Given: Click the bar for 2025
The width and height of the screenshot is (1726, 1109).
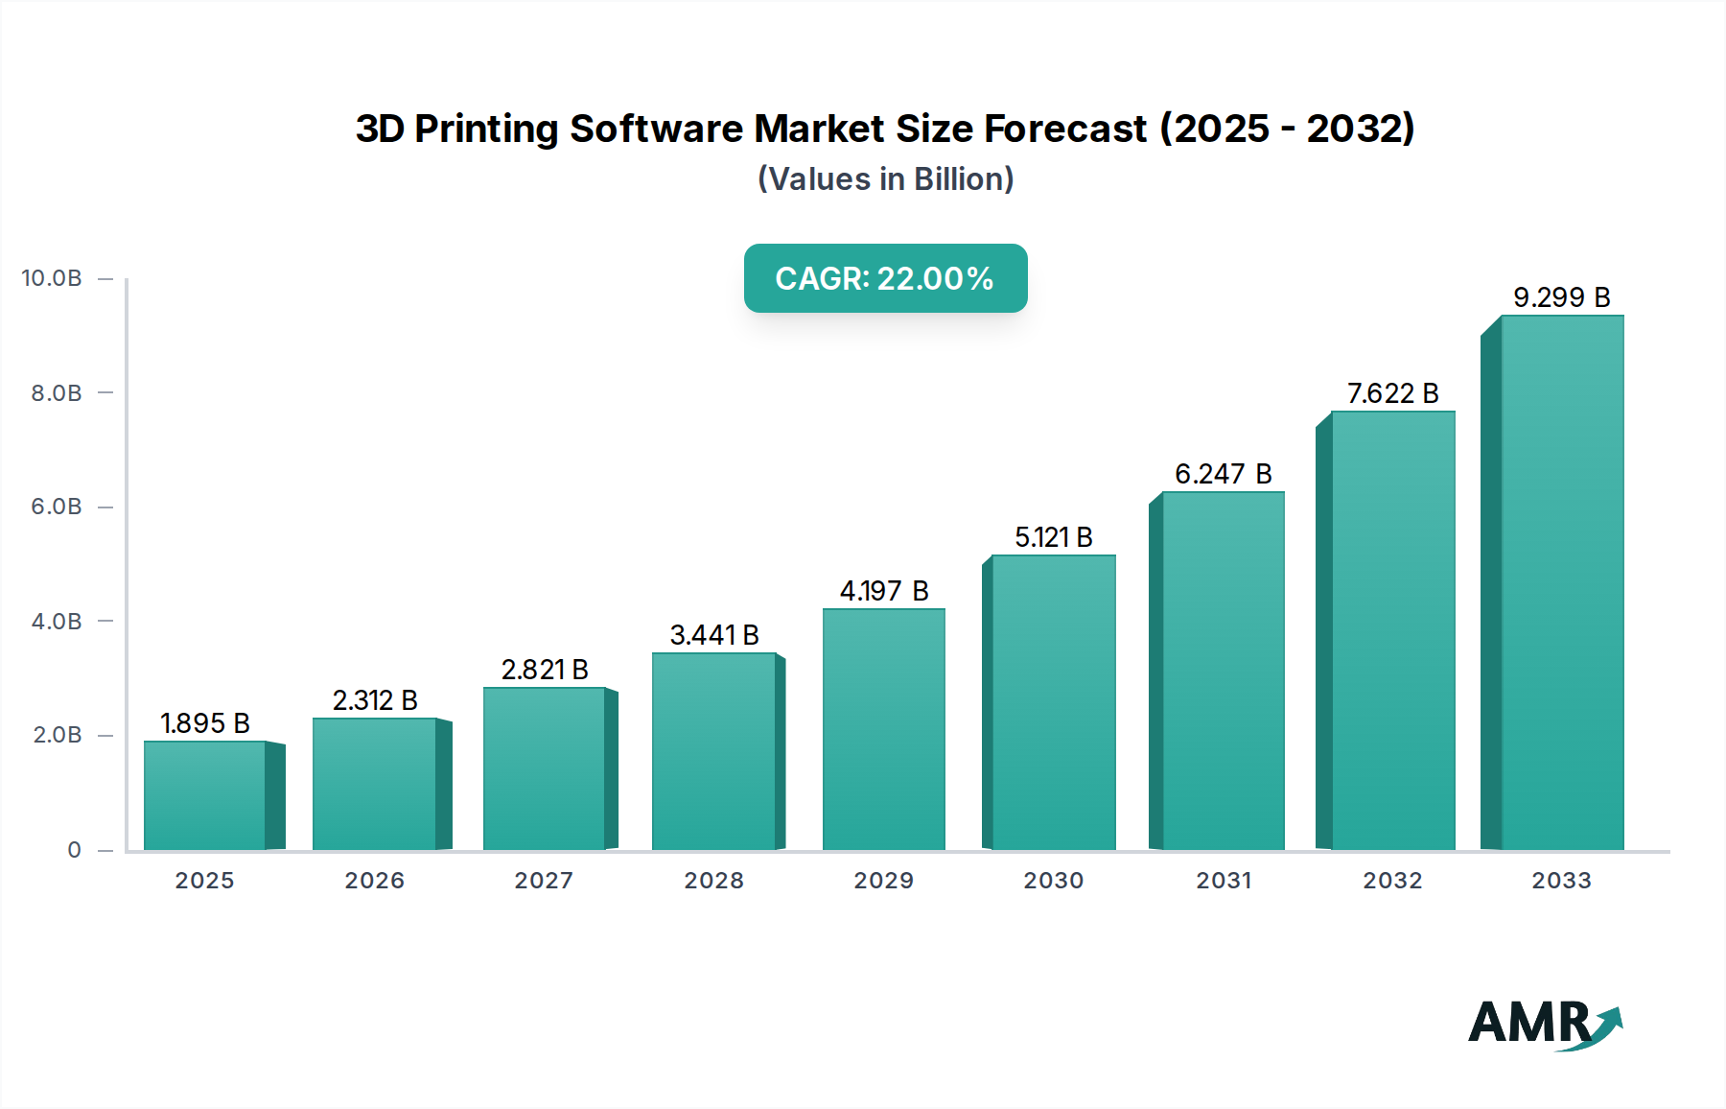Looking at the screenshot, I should [204, 795].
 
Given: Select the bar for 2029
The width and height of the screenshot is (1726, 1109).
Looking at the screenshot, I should [883, 729].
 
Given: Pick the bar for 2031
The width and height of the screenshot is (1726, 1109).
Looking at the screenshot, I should [1223, 671].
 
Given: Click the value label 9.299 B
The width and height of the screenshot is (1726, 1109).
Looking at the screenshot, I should [1561, 297].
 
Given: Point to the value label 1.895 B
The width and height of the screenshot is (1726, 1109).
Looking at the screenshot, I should [204, 723].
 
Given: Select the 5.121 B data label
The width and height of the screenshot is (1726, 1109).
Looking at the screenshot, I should [1053, 537].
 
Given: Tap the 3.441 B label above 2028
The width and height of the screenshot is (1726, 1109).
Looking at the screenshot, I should [713, 635].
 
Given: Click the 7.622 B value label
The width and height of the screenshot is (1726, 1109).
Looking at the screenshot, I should [1392, 393].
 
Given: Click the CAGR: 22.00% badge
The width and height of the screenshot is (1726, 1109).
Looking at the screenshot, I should [885, 278].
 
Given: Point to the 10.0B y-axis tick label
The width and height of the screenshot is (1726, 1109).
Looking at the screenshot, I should [52, 278].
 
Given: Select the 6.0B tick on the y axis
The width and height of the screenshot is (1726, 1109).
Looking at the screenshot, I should [57, 507].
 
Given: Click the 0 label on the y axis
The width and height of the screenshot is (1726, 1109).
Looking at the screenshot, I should [74, 850].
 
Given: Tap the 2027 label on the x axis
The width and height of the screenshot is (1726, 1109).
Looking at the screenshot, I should [544, 881].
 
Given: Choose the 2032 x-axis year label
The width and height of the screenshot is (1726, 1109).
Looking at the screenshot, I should [1392, 881].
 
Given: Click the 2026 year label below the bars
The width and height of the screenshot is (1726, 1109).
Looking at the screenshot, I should [374, 881].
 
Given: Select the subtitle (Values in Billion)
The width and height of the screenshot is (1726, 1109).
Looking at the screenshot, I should [885, 179].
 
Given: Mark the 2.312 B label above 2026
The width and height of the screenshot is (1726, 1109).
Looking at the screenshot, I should [374, 700].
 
